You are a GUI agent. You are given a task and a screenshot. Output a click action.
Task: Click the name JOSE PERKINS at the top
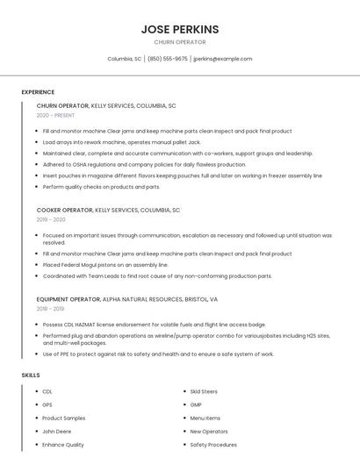(x=179, y=29)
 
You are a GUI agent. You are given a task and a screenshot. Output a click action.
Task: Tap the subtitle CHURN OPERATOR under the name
(x=179, y=42)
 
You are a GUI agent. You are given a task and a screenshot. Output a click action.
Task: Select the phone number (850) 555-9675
(x=167, y=59)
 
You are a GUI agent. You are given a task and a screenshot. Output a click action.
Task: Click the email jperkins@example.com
(x=222, y=59)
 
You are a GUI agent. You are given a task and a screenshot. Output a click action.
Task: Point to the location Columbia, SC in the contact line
(x=125, y=59)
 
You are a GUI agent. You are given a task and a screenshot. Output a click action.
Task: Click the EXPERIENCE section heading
(x=38, y=92)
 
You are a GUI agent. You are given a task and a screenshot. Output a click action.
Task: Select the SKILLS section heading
(x=31, y=376)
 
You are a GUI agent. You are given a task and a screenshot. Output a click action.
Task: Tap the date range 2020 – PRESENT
(x=56, y=115)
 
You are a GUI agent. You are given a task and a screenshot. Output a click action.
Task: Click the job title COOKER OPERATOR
(x=64, y=211)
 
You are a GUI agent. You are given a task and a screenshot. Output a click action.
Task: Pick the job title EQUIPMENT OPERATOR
(x=68, y=299)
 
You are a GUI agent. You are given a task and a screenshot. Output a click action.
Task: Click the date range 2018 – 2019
(x=50, y=309)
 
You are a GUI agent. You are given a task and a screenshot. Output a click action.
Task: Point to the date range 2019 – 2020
(x=50, y=220)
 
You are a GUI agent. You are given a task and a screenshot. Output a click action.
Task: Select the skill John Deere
(x=56, y=432)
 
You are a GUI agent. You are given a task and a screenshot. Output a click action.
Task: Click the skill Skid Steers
(x=204, y=391)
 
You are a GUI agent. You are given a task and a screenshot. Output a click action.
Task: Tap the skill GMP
(x=196, y=404)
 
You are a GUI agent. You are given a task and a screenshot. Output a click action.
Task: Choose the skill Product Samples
(x=63, y=418)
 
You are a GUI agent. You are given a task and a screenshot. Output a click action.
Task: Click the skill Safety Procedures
(x=213, y=445)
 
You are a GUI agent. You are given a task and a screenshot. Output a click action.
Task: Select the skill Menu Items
(x=205, y=418)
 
